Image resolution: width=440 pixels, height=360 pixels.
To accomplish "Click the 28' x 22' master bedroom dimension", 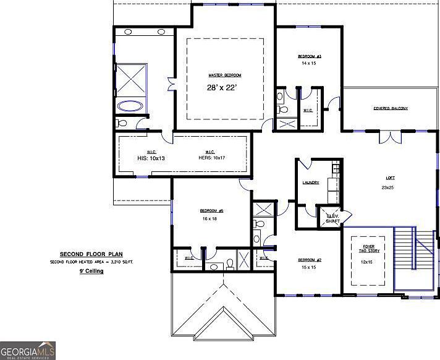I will (x=222, y=88).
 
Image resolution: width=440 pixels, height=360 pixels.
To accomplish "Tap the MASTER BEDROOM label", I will (x=224, y=75).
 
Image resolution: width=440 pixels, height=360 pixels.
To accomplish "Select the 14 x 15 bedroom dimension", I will (x=309, y=63).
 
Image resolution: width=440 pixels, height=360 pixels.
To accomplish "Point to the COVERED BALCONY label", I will (x=390, y=108).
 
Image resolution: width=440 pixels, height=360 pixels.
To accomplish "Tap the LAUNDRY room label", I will (x=310, y=182).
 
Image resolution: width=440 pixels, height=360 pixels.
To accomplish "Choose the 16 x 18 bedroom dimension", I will (x=208, y=218).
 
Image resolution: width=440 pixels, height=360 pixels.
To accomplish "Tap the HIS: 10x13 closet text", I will (x=151, y=158).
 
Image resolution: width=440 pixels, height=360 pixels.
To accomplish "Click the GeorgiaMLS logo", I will (x=28, y=350).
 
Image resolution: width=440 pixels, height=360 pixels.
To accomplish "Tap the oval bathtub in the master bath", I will (x=130, y=106).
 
